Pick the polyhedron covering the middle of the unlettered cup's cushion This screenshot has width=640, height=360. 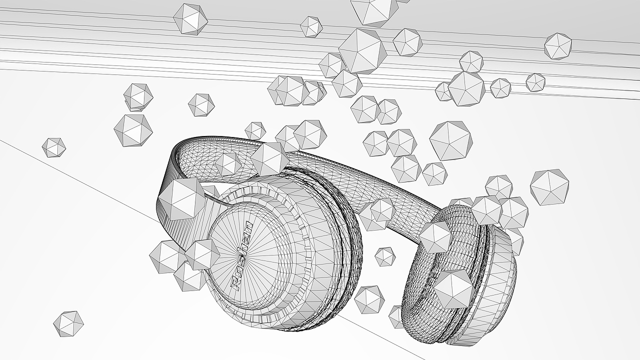(x=453, y=288)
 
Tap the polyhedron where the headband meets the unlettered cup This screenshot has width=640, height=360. (x=435, y=236)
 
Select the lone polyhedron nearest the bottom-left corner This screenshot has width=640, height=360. (x=68, y=323)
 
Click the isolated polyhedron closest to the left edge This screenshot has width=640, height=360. (x=53, y=147)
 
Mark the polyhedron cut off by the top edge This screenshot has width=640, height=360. (x=374, y=10)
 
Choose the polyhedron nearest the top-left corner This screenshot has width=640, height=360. (x=190, y=19)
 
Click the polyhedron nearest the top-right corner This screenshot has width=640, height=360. (x=558, y=46)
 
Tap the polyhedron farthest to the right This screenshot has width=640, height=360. (x=549, y=187)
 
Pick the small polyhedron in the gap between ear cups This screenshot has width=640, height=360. (x=384, y=256)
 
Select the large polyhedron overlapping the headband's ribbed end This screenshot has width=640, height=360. (x=181, y=199)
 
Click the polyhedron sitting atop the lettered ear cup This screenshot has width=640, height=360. (x=269, y=159)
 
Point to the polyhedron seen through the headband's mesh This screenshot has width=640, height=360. (x=228, y=164)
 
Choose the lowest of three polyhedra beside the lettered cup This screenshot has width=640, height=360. (x=189, y=276)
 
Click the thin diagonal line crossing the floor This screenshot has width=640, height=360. (x=75, y=175)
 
